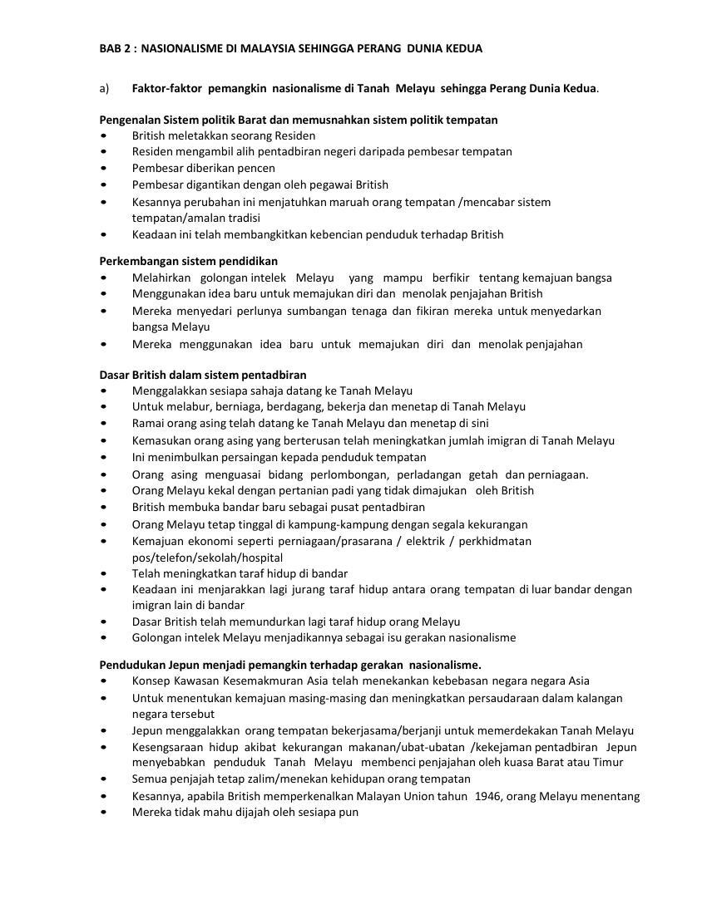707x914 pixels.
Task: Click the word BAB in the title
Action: pos(111,48)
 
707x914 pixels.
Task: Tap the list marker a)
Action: pos(105,88)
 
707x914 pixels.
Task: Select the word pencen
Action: pos(256,168)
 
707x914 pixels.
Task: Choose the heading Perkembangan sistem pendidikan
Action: pos(189,261)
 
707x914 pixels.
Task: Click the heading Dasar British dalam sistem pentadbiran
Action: pos(203,375)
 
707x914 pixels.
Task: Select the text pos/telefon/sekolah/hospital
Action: pos(207,558)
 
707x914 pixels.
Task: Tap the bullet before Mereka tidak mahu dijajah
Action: pos(103,813)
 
